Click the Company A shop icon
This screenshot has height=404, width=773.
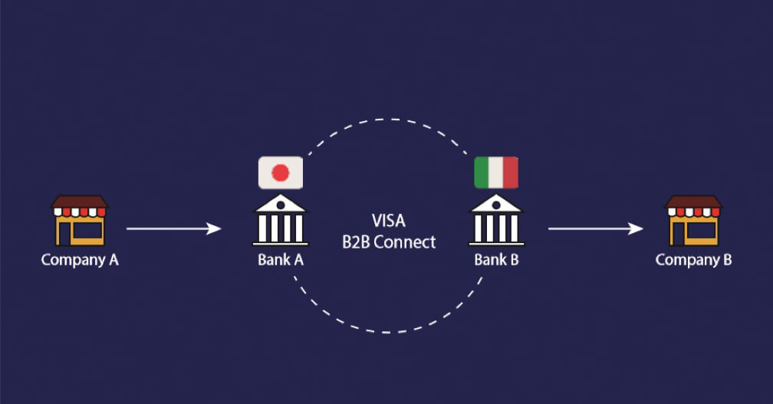79,221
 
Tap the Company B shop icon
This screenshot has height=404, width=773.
692,221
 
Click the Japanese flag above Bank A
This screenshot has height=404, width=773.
281,172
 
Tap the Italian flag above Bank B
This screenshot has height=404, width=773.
496,172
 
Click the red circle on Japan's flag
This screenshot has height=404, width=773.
281,172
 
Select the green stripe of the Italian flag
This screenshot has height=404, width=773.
482,172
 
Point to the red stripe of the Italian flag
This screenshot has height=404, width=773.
511,172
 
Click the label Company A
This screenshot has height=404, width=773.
80,260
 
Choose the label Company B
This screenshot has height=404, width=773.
693,260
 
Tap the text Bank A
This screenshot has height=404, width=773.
281,260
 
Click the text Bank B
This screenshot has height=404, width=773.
496,260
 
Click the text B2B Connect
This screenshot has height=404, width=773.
389,242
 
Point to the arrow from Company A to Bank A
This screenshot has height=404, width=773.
173,228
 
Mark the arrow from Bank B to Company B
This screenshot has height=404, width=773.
595,228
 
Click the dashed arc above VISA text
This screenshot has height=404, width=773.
389,120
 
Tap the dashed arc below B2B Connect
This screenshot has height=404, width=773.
389,332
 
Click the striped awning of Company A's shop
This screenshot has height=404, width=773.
79,211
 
